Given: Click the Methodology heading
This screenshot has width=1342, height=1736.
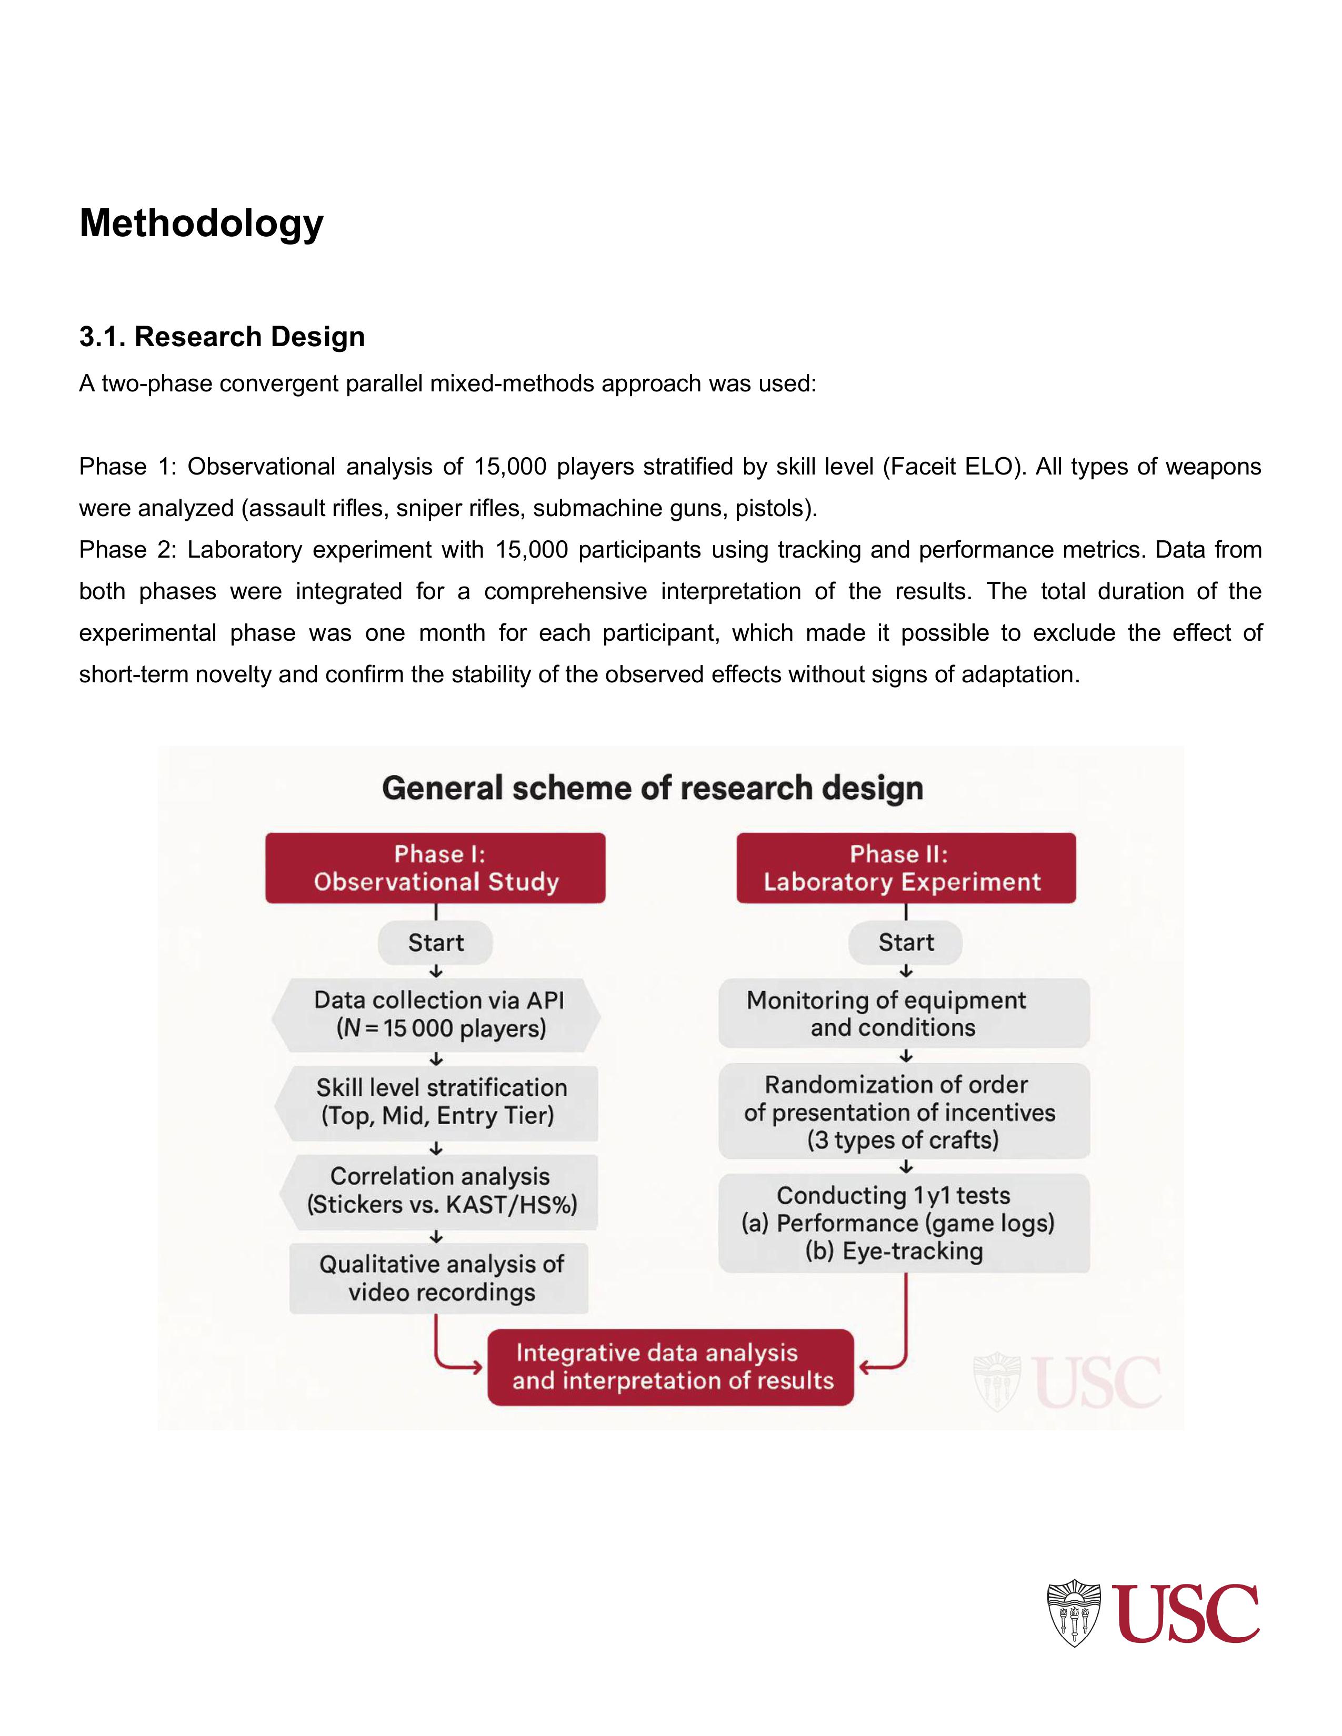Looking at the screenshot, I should point(201,224).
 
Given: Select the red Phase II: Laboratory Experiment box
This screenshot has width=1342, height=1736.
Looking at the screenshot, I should point(906,868).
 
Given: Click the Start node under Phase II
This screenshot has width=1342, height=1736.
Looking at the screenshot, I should point(906,943).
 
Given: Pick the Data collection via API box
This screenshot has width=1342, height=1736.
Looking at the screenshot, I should point(437,1014).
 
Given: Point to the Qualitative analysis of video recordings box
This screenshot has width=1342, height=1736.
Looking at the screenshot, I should point(439,1278).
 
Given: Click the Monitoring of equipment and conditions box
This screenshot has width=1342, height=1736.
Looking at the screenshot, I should point(904,1014).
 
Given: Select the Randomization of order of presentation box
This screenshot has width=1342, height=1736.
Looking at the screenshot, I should point(904,1112).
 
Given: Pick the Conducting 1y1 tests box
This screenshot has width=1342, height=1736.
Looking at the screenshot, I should point(904,1223).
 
